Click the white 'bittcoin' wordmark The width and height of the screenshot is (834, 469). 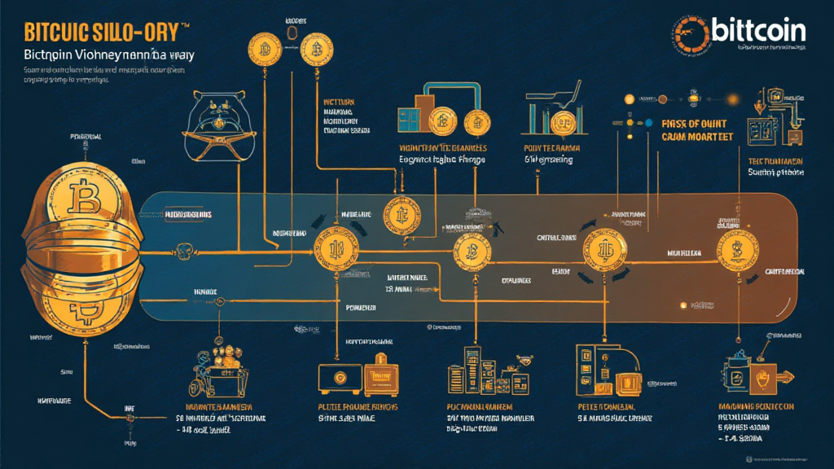[758, 31]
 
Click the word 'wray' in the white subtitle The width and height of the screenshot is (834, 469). [188, 55]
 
